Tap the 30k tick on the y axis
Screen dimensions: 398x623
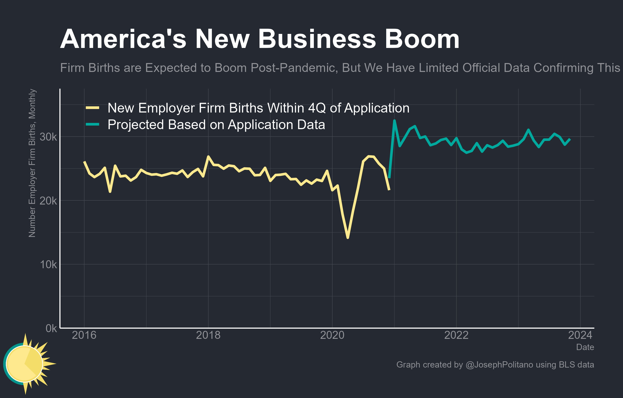[x=48, y=137]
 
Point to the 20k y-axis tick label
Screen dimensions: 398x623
[x=48, y=201]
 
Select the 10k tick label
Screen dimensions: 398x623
[x=48, y=265]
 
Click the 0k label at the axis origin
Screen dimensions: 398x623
[x=51, y=328]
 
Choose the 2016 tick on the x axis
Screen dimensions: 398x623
[x=84, y=335]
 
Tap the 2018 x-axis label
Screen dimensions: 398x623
[x=208, y=335]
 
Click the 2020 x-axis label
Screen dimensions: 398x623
[x=332, y=335]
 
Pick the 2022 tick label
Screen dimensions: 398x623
[x=456, y=335]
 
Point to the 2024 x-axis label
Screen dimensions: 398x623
[x=580, y=335]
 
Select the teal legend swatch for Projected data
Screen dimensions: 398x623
[x=92, y=124]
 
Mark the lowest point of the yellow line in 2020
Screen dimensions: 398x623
[x=348, y=238]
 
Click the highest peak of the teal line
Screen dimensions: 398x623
[x=394, y=121]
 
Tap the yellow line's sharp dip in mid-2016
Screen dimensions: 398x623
[x=110, y=192]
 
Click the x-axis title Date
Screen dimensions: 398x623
[x=585, y=347]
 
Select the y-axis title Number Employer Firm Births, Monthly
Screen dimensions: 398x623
[x=32, y=163]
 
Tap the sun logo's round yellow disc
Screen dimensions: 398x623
[x=24, y=364]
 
